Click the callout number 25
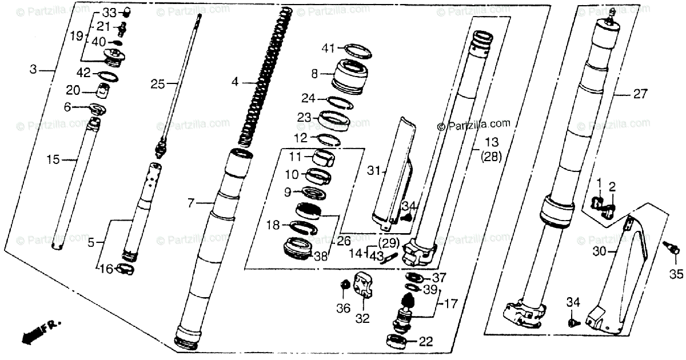pyautogui.click(x=157, y=85)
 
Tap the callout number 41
pyautogui.click(x=328, y=49)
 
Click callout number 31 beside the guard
pyautogui.click(x=373, y=170)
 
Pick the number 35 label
pyautogui.click(x=676, y=274)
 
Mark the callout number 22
pyautogui.click(x=426, y=342)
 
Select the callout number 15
pyautogui.click(x=53, y=161)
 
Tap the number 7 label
pyautogui.click(x=191, y=203)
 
